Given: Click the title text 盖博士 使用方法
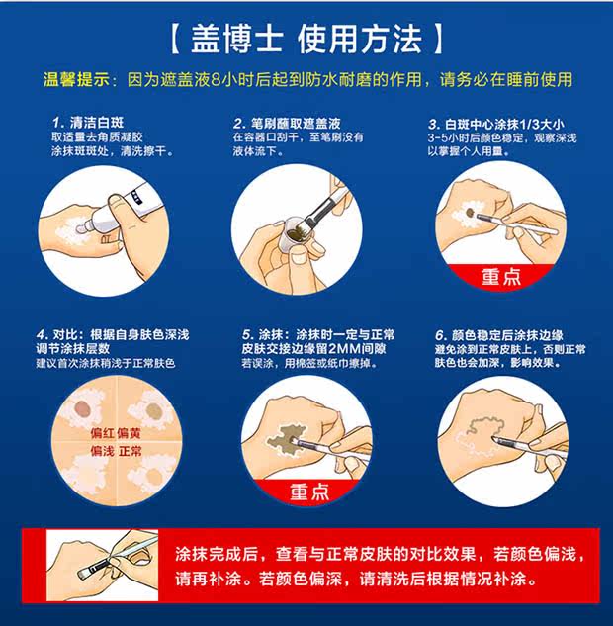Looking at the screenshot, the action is point(306,39).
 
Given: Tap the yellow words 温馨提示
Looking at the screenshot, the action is point(76,79).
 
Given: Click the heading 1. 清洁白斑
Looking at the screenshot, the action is point(88,123).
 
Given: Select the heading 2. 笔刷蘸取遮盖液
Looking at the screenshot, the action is point(287,123).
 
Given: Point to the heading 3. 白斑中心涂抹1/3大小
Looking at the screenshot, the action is point(496,124).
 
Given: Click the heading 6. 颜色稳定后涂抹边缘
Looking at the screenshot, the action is point(499,335).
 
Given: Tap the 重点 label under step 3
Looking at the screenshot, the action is point(501,276).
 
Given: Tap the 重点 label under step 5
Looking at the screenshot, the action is point(309,492).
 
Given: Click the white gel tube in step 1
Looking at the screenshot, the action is point(120,211).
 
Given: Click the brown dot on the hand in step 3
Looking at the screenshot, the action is point(471,212).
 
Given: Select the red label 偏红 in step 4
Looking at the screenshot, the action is point(102,433).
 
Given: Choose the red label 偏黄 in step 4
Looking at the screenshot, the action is point(130,433).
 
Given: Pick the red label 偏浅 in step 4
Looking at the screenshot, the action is point(102,452).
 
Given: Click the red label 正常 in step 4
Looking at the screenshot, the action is point(130,452).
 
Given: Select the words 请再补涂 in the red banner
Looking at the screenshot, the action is point(209,579).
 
